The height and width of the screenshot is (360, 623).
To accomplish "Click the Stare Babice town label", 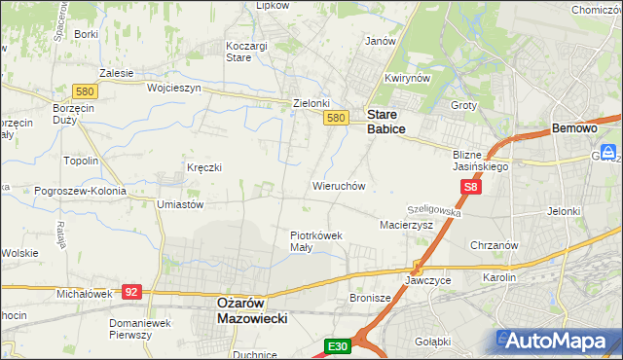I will tap(386, 121).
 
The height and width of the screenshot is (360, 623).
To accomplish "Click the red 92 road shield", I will tap(133, 291).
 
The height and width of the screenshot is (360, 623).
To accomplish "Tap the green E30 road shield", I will tap(337, 346).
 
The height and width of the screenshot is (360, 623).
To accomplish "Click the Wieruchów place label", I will tap(338, 185).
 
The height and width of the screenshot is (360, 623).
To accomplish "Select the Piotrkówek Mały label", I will tap(314, 240).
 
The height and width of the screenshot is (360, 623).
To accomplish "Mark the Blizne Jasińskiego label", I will tap(481, 160).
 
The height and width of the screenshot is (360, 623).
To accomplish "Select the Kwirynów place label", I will tap(407, 79).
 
